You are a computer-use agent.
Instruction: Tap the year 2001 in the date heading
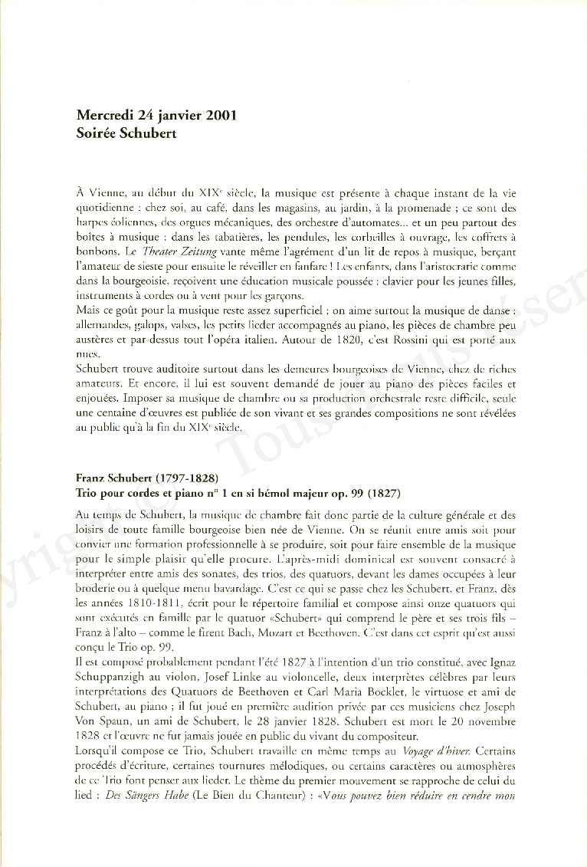(218, 116)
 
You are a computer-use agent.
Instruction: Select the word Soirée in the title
(97, 133)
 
